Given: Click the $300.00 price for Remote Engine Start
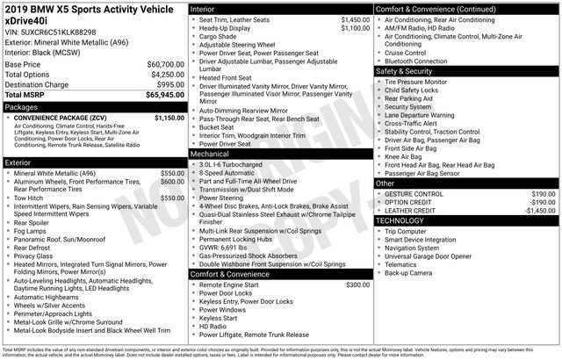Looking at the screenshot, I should pyautogui.click(x=358, y=284).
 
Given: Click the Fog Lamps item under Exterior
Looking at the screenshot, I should pyautogui.click(x=32, y=231).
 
